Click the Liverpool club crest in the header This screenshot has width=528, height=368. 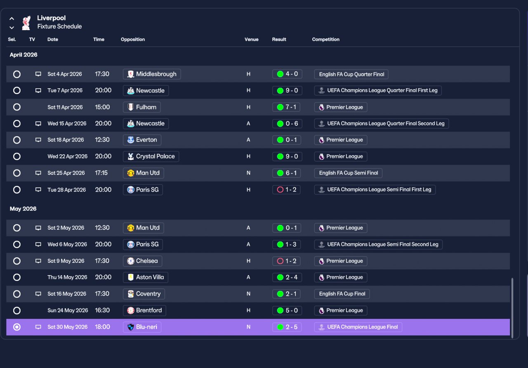pyautogui.click(x=26, y=23)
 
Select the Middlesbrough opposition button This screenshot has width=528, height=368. pyautogui.click(x=152, y=74)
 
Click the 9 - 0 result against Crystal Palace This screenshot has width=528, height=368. pyautogui.click(x=287, y=156)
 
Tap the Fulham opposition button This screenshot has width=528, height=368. pyautogui.click(x=141, y=107)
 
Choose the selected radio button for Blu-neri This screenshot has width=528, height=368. pyautogui.click(x=17, y=327)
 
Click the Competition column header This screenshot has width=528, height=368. pyautogui.click(x=325, y=39)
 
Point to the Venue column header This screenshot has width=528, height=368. pyautogui.click(x=251, y=39)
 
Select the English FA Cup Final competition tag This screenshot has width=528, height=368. pyautogui.click(x=342, y=294)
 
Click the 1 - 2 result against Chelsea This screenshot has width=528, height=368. pyautogui.click(x=286, y=261)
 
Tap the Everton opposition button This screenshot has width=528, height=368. pyautogui.click(x=142, y=140)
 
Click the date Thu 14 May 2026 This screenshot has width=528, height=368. pyautogui.click(x=67, y=277)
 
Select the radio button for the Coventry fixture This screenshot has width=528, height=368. pyautogui.click(x=17, y=294)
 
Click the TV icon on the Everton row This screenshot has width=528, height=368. pyautogui.click(x=38, y=140)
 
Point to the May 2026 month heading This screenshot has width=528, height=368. pyautogui.click(x=23, y=209)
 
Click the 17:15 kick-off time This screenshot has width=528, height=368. pyautogui.click(x=101, y=173)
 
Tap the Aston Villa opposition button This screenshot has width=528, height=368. pyautogui.click(x=146, y=277)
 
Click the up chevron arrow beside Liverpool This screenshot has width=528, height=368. pyautogui.click(x=12, y=19)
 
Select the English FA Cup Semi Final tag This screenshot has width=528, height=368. pyautogui.click(x=348, y=173)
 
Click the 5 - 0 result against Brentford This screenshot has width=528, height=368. pyautogui.click(x=287, y=310)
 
